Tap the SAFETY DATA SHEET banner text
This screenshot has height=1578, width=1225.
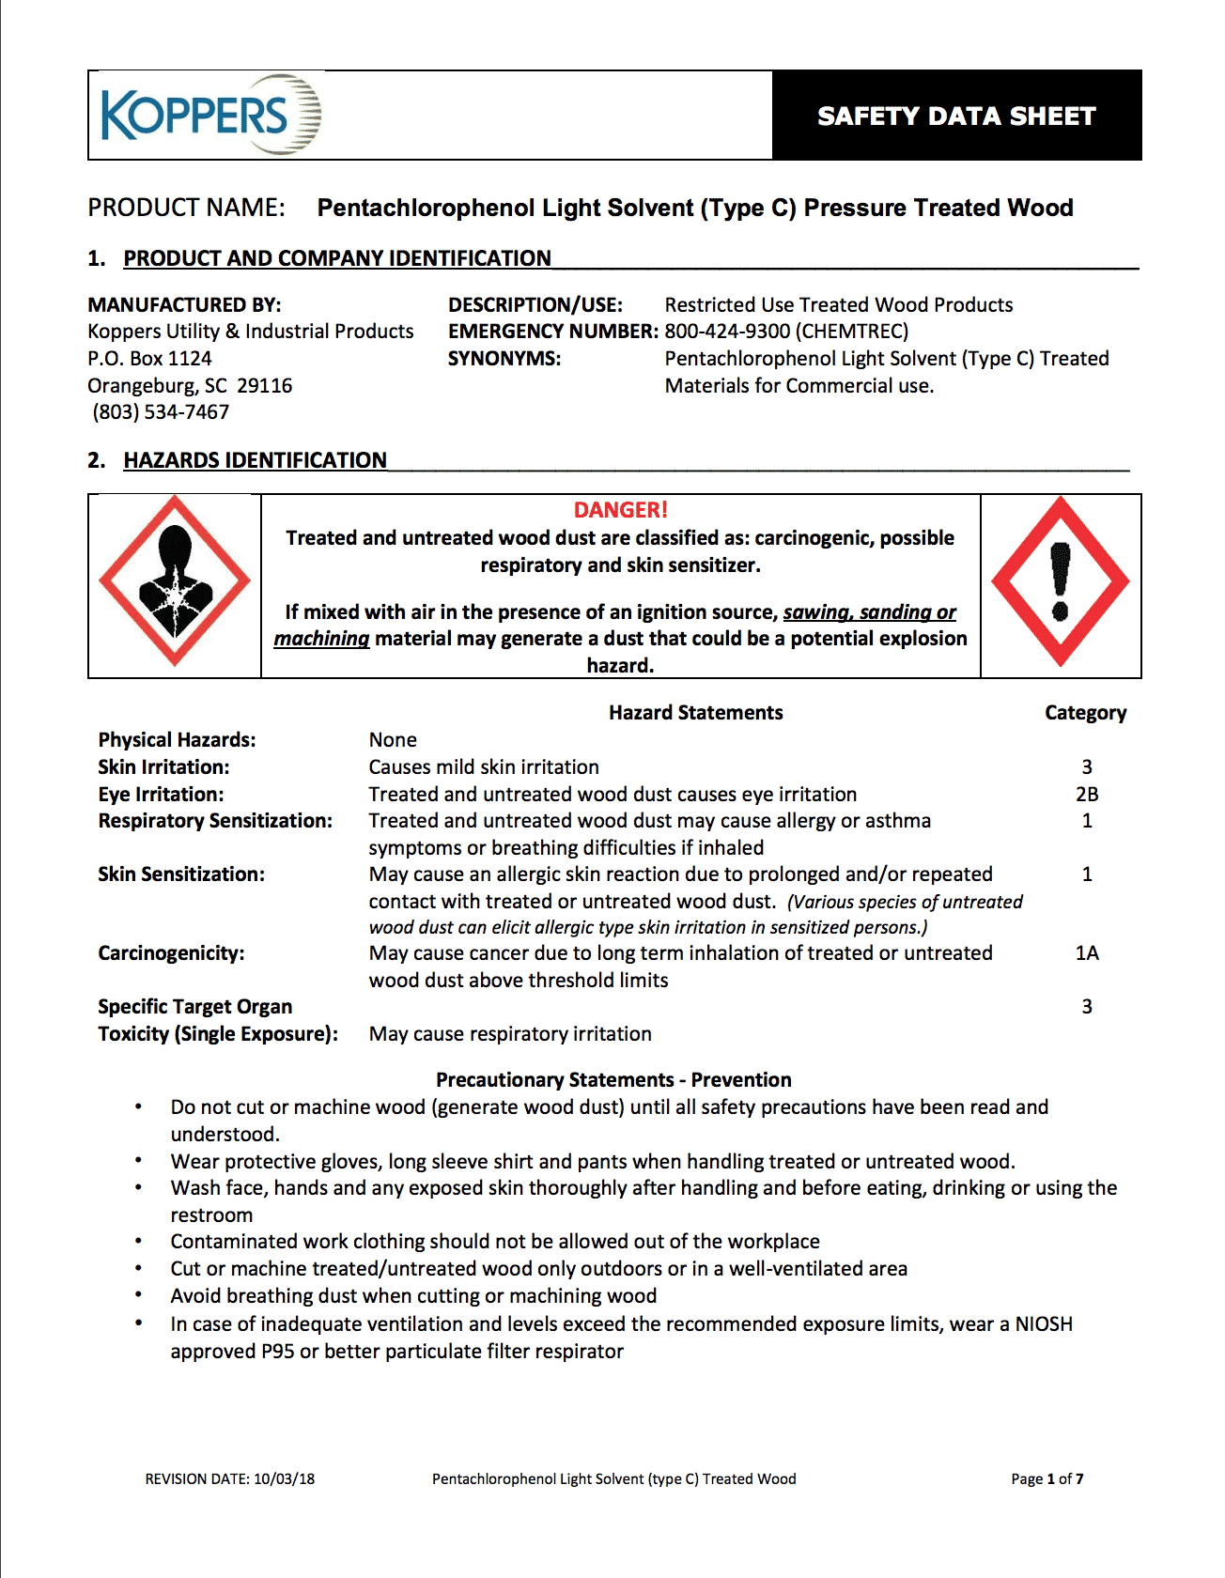tap(956, 116)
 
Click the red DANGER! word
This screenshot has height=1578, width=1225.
tap(620, 510)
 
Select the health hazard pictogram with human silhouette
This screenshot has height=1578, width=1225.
tap(175, 582)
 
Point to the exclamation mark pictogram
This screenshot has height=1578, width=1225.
tap(1061, 582)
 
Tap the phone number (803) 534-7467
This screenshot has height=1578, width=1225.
tap(161, 412)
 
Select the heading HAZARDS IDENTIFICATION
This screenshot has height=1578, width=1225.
tap(255, 460)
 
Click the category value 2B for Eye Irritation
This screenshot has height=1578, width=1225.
tap(1087, 795)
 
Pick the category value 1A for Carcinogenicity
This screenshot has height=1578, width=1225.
tap(1087, 953)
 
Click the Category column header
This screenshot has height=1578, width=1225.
tap(1085, 713)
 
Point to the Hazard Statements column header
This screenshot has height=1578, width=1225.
tap(695, 713)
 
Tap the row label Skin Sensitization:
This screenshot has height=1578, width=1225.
tap(181, 874)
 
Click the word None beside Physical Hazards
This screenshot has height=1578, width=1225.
tap(393, 740)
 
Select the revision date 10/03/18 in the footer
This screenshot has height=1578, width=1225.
tap(284, 1478)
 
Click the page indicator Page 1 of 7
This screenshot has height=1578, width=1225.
tap(1047, 1478)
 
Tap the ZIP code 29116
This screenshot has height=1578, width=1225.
tap(265, 386)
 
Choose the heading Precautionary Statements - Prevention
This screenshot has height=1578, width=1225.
tap(613, 1080)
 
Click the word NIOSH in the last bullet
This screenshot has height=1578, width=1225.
tap(1044, 1324)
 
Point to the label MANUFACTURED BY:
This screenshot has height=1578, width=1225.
tap(184, 305)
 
